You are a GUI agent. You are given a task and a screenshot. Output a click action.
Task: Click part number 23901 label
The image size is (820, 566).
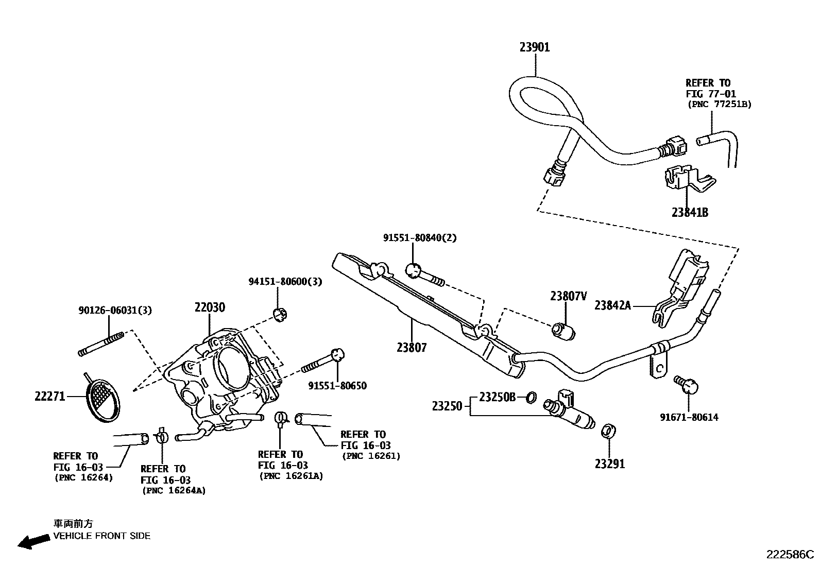click(x=534, y=47)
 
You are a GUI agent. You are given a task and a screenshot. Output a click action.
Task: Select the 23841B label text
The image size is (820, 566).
click(x=689, y=212)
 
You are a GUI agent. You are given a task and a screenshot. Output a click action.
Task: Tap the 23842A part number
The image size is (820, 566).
click(x=612, y=305)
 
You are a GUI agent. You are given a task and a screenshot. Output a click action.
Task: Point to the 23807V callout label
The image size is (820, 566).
click(x=568, y=296)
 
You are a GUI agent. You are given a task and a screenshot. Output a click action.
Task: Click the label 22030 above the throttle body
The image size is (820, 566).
click(x=210, y=307)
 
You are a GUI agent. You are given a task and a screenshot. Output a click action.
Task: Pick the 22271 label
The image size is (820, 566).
click(x=50, y=396)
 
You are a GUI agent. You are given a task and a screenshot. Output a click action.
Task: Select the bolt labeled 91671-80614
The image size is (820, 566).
click(x=687, y=384)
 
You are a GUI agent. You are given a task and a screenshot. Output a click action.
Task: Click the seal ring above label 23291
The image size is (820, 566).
click(x=609, y=431)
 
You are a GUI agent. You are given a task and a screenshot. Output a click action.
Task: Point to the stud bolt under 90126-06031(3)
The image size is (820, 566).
click(x=101, y=345)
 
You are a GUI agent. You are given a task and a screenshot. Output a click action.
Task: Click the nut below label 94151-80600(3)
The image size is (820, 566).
click(x=280, y=314)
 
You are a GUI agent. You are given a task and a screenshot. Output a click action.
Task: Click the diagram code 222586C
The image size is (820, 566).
click(x=790, y=554)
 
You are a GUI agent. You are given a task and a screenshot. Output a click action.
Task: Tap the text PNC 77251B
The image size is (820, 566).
click(x=720, y=104)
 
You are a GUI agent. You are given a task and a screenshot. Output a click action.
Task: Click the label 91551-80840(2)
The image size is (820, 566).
click(x=419, y=238)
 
